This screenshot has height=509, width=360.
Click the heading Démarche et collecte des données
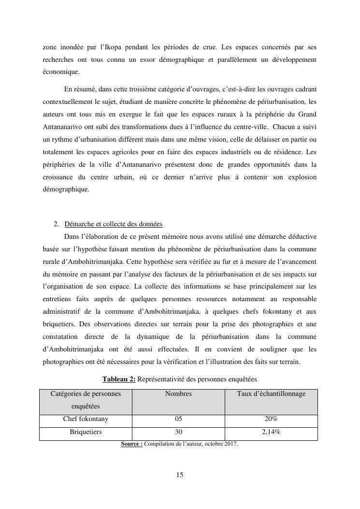point(113,224)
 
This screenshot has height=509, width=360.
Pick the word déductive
point(299,237)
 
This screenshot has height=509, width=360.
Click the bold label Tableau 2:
point(119,379)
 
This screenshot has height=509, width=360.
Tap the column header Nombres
point(178,394)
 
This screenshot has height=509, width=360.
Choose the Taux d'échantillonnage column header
point(271,394)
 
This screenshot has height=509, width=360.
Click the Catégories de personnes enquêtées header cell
point(86,400)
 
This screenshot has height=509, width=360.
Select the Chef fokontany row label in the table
point(86,419)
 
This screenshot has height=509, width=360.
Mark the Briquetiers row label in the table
point(86,432)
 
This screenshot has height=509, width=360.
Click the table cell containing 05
point(178,419)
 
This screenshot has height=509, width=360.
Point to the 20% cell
point(271,419)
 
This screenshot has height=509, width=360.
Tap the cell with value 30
point(178,432)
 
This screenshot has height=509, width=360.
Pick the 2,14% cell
point(271,432)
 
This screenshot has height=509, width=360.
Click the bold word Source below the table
point(131,444)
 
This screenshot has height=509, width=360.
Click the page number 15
point(180,475)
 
